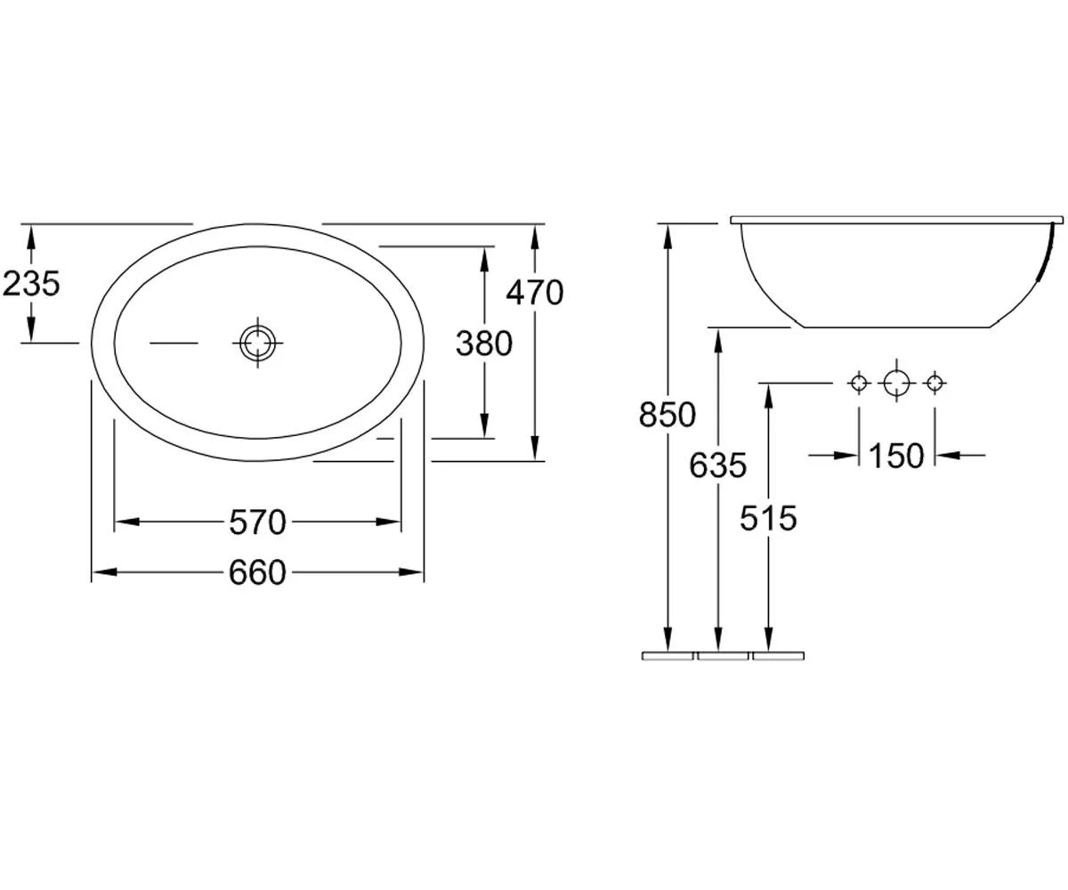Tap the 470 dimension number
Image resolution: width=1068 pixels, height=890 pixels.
(x=535, y=293)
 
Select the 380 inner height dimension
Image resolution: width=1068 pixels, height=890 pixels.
(x=484, y=344)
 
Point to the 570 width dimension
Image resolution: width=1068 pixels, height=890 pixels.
(x=257, y=522)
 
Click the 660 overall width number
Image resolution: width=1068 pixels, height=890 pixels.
(x=257, y=572)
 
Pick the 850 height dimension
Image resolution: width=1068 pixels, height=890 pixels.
(x=667, y=415)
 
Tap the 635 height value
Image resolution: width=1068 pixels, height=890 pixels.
(x=718, y=465)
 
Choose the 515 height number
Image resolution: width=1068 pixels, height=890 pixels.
(x=768, y=518)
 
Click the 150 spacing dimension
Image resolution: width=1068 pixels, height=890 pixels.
(x=896, y=456)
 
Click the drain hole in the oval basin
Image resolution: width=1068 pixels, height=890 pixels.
(x=257, y=343)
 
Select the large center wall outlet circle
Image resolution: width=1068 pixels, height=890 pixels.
(x=896, y=383)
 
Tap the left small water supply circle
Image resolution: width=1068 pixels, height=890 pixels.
(x=859, y=383)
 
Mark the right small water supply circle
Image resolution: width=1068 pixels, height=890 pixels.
(x=934, y=383)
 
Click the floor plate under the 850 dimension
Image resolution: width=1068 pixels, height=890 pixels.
(x=667, y=656)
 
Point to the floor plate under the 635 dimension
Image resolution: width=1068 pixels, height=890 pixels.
(x=723, y=656)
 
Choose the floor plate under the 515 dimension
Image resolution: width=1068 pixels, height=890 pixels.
(x=778, y=656)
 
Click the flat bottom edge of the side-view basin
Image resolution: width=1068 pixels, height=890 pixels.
(x=897, y=327)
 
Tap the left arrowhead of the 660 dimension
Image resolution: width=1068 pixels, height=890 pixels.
(x=104, y=572)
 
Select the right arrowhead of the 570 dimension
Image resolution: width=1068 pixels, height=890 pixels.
(x=388, y=522)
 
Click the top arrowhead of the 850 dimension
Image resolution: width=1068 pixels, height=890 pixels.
(x=667, y=237)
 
